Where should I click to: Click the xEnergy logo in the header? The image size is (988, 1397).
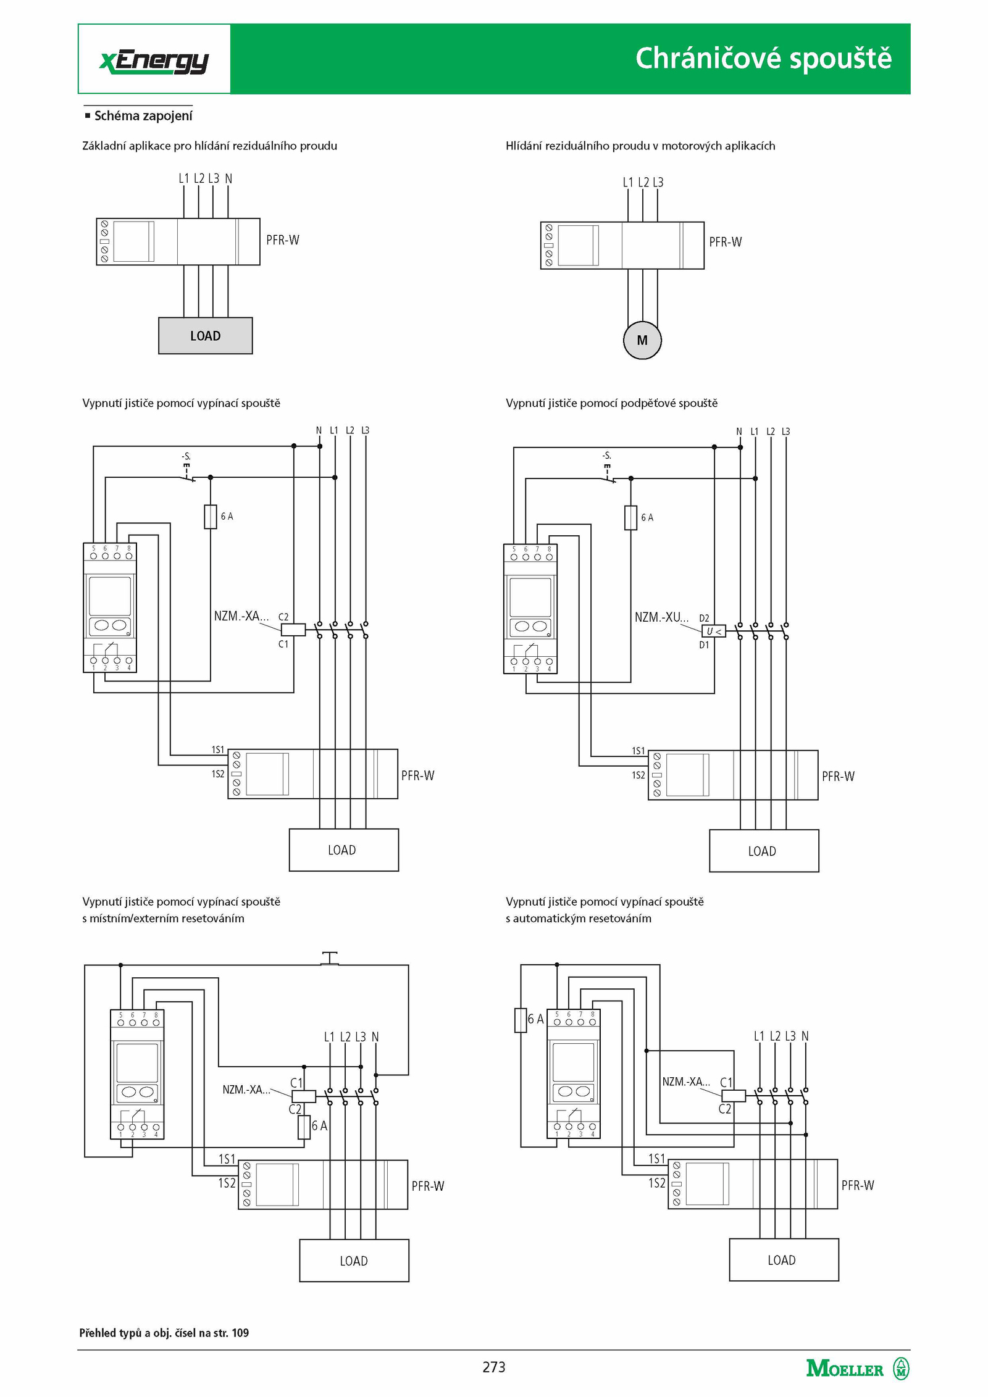[154, 62]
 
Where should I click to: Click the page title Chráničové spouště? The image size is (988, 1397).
[763, 59]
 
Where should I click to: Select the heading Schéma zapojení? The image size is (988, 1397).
[143, 115]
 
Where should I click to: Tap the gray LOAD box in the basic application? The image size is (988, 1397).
[206, 336]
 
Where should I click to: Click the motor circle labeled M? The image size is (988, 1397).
[642, 340]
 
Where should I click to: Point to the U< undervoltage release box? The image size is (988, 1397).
[714, 632]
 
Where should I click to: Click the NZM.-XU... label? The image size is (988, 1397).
[661, 617]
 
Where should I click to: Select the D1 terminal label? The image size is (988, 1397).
[704, 645]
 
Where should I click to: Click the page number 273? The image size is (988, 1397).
[494, 1367]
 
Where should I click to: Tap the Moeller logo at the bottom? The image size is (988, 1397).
[858, 1369]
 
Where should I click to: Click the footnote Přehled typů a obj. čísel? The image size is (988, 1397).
[164, 1333]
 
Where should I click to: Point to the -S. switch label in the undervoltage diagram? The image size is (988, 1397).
[607, 456]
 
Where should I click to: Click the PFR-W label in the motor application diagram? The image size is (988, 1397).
[726, 242]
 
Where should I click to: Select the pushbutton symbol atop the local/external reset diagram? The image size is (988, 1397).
[330, 958]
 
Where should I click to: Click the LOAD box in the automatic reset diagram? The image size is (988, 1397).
[784, 1260]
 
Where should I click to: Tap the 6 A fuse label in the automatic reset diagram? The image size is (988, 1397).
[535, 1019]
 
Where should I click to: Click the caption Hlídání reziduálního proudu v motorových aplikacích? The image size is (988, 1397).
[640, 146]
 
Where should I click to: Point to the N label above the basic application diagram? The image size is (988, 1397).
[228, 178]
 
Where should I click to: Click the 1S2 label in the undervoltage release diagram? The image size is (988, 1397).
[638, 775]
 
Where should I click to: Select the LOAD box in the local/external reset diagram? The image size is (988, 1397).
[354, 1261]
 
